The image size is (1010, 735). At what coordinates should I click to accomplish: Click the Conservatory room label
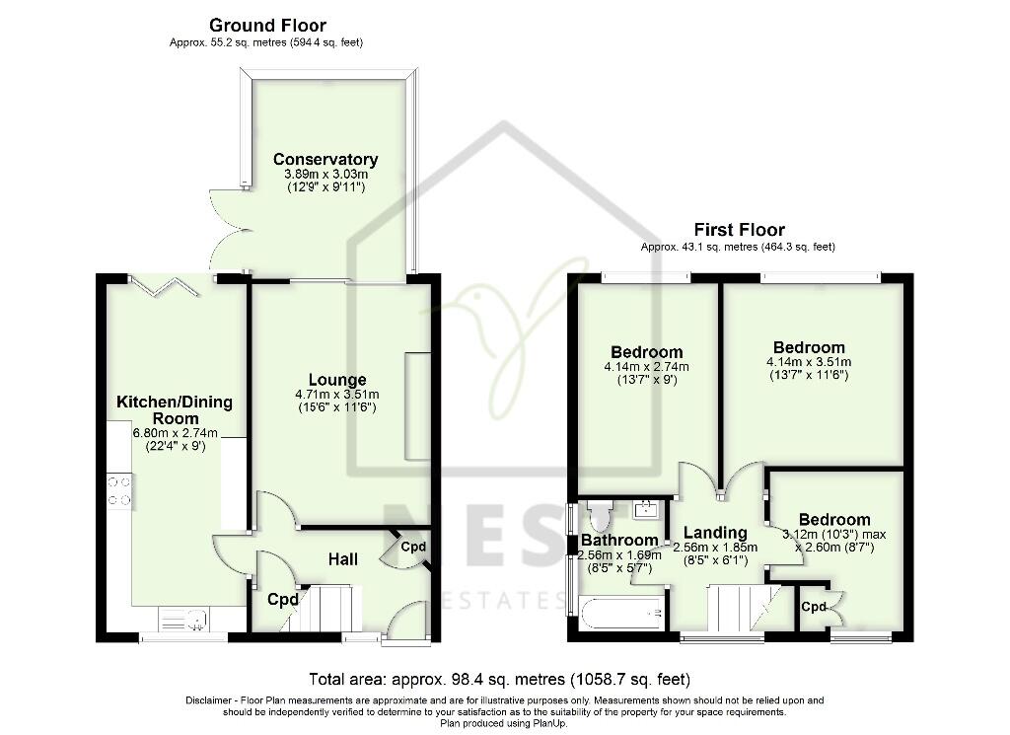tap(325, 159)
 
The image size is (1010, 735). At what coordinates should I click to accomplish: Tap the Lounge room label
tap(337, 380)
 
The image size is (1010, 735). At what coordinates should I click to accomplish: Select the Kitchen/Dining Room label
tap(175, 409)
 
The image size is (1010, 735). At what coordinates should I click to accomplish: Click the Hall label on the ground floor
tap(343, 559)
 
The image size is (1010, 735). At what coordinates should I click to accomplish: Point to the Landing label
tap(716, 534)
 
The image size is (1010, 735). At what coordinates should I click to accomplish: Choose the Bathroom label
tap(618, 540)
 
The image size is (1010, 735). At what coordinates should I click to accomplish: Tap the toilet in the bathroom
tap(599, 514)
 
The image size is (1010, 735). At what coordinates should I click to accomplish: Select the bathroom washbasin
tap(647, 510)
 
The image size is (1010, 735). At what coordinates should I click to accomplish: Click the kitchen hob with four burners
tap(119, 490)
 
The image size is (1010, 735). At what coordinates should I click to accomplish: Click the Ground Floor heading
tap(267, 26)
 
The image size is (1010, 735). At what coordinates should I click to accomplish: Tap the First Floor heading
tap(740, 231)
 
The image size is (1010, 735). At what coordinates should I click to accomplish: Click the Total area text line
tap(499, 680)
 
